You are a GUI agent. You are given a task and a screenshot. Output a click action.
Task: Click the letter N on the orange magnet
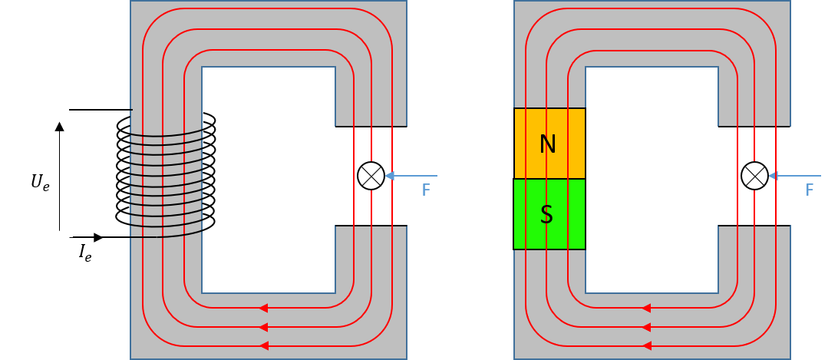coord(547,144)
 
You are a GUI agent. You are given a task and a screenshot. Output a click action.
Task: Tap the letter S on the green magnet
coord(546,215)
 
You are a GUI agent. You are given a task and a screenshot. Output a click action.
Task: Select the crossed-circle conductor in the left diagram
coord(371,176)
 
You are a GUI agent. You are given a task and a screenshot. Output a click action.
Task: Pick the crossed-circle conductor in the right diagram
coord(754,176)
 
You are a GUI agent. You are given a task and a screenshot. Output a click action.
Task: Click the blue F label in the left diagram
coord(426,190)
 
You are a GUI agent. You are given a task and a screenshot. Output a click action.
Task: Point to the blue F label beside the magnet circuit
coord(810,190)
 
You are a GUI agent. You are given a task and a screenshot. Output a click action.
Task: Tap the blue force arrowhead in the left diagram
coord(389,176)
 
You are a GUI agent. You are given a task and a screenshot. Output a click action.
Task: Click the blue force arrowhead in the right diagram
coord(773,176)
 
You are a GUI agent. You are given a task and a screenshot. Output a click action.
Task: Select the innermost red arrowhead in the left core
coord(263,308)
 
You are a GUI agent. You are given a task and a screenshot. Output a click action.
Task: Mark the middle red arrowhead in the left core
coord(263,327)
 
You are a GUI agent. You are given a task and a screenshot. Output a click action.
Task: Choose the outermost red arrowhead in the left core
coord(263,345)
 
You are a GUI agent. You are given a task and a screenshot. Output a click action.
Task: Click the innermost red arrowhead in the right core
coord(646,308)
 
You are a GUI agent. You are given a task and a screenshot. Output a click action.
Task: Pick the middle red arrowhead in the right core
coord(646,327)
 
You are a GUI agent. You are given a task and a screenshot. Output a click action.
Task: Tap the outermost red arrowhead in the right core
coord(646,345)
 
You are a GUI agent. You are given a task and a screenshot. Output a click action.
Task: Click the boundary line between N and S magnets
coord(549,179)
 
